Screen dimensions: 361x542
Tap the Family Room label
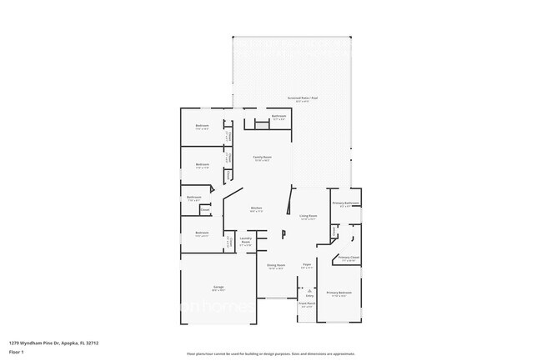coord(263,157)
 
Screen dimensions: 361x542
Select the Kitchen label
coord(257,208)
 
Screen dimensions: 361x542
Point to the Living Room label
coord(309,215)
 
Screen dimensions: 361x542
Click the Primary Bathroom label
coord(346,203)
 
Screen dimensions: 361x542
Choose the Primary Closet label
coord(349,258)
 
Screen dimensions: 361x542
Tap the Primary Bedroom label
coord(339,293)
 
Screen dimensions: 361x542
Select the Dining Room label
coord(275,265)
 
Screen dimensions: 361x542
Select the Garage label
coord(218,287)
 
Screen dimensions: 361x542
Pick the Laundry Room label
coord(246,239)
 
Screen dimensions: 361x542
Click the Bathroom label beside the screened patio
coord(279,116)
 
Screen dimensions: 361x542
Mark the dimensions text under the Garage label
coord(218,291)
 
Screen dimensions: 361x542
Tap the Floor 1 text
coord(17,351)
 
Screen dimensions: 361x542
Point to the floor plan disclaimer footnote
coord(271,353)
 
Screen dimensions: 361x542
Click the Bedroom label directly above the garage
coord(202,233)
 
